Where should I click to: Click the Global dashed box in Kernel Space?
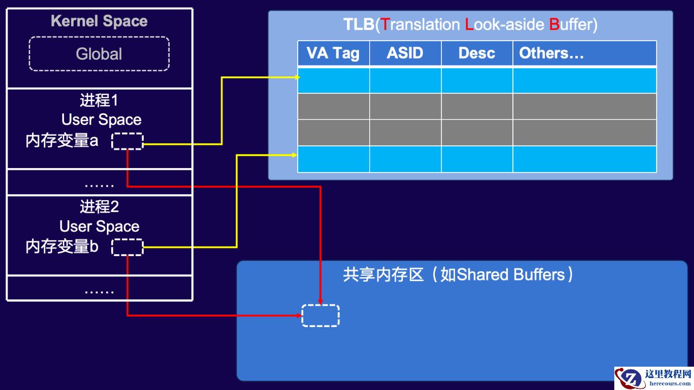point(99,54)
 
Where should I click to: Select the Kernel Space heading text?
point(99,21)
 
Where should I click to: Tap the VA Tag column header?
point(333,53)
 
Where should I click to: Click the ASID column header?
point(405,53)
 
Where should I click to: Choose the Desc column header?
point(477,53)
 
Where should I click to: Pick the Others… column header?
point(551,53)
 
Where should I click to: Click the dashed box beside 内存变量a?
point(127,141)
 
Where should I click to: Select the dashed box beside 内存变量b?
point(127,247)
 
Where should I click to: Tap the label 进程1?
point(99,101)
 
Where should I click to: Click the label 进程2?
point(99,207)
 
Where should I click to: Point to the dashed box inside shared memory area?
point(320,316)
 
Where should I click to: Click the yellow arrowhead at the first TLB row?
point(297,78)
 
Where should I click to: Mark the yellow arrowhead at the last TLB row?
point(294,156)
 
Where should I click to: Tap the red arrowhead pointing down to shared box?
point(320,301)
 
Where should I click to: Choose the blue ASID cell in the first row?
point(405,80)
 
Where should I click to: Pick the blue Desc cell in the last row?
point(477,159)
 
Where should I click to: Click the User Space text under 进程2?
point(99,227)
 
